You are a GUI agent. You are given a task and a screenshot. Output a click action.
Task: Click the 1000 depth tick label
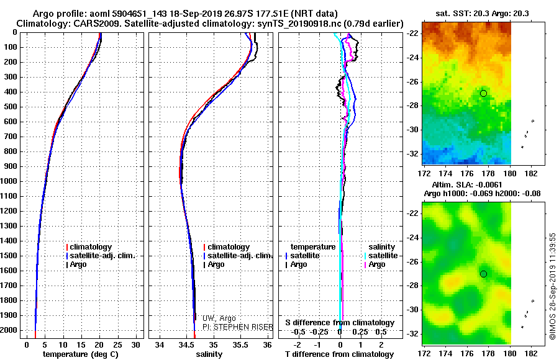click(9, 181)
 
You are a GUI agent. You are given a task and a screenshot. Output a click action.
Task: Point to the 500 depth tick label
click(11, 107)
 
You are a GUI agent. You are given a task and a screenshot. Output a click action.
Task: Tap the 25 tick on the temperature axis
click(117, 345)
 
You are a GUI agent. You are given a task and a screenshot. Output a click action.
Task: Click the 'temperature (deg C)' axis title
click(81, 354)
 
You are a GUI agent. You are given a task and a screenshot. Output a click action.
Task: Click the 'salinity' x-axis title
click(209, 354)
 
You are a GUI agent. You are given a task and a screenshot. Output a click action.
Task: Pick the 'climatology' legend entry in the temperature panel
click(89, 247)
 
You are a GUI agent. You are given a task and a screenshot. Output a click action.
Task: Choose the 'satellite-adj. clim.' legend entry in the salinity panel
click(238, 256)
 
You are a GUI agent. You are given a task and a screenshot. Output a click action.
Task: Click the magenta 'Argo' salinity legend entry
click(375, 264)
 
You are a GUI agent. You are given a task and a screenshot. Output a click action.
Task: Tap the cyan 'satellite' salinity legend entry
click(381, 256)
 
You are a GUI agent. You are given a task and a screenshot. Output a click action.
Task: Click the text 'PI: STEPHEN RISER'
click(237, 327)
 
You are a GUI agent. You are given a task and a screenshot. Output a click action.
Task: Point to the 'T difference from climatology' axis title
click(339, 354)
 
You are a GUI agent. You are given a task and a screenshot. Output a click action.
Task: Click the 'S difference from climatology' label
click(340, 323)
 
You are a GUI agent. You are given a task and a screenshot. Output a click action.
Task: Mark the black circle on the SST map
click(483, 93)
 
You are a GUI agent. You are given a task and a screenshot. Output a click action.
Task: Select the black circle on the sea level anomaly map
click(483, 274)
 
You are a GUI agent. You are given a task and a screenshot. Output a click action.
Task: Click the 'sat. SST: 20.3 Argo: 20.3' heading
click(483, 14)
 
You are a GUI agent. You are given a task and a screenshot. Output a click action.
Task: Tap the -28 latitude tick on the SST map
click(412, 106)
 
